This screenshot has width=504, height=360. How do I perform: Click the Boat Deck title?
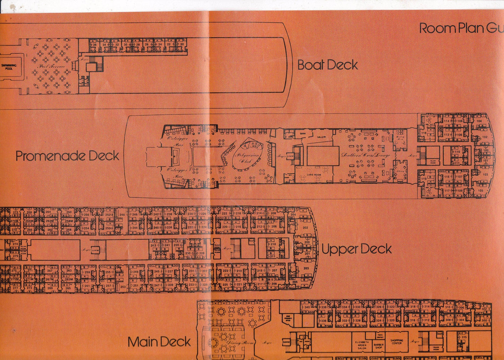328,65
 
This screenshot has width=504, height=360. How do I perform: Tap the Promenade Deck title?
67,156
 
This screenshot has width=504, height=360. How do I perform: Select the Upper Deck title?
356,249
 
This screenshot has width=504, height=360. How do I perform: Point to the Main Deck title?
159,342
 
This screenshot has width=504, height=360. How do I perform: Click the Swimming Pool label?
9,67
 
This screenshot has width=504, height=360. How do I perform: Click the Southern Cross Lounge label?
366,155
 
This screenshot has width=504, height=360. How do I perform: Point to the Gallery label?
321,137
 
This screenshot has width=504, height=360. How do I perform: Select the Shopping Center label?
397,342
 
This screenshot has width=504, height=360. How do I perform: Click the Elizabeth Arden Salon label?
362,345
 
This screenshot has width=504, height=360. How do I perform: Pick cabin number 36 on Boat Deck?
95,45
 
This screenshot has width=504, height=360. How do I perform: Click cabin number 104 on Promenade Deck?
479,121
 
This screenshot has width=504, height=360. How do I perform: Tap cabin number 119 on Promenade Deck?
424,179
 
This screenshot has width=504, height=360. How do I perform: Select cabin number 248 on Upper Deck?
122,215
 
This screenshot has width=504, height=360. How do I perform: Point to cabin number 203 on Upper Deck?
306,268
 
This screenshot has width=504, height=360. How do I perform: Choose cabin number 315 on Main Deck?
464,337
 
